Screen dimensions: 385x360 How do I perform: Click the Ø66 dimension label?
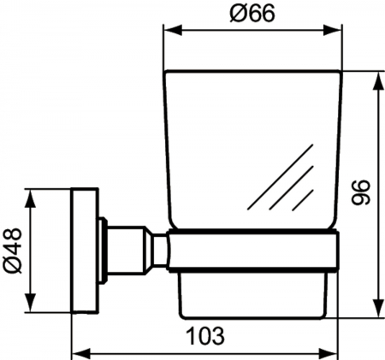coord(252,14)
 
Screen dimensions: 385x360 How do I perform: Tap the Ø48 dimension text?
coord(12,251)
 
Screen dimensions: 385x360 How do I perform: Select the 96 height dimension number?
coord(360,192)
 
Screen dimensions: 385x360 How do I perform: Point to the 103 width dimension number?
coord(205,335)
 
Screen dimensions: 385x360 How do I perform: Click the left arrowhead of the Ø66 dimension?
coord(173,30)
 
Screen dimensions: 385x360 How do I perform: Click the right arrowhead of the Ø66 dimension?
coord(332,30)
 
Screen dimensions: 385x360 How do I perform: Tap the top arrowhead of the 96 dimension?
coord(378,82)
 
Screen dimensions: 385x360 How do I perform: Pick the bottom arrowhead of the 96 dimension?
coord(378,307)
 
